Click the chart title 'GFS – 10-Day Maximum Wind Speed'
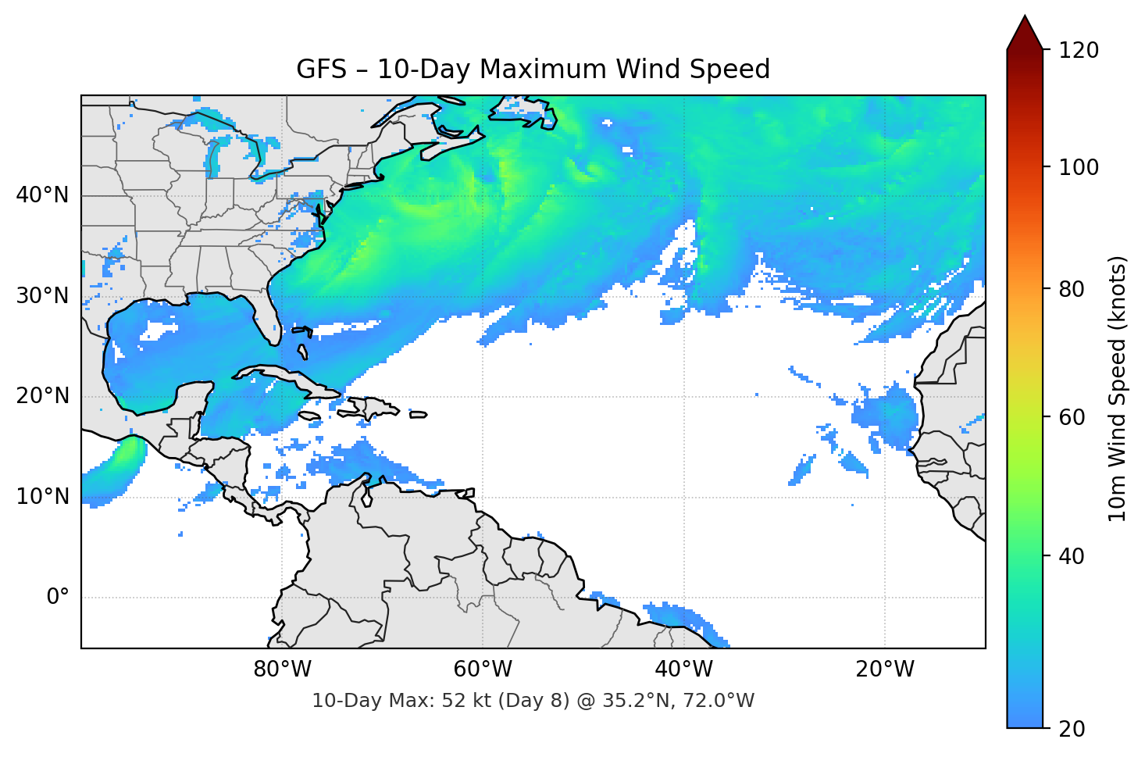(533, 70)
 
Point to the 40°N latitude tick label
(42, 195)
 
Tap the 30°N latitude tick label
(42, 296)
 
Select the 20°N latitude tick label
(42, 396)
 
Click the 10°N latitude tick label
(42, 497)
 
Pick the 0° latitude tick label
(58, 598)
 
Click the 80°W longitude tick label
(282, 670)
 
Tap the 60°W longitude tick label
(483, 670)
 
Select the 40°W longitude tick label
(683, 670)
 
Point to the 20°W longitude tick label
(884, 670)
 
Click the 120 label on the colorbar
(1079, 50)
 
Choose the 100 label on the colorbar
(1079, 167)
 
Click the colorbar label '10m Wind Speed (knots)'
(1118, 388)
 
